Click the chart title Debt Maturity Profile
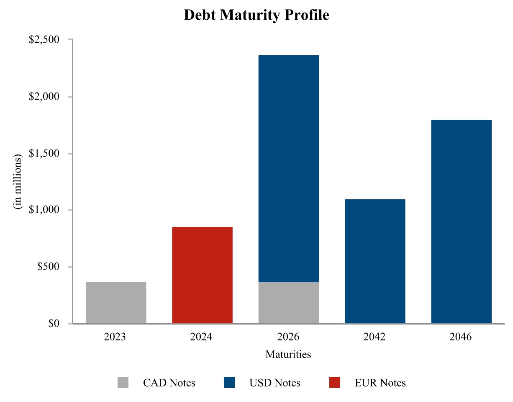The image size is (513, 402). [256, 15]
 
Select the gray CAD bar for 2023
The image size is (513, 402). [116, 303]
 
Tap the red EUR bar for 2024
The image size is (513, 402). [202, 275]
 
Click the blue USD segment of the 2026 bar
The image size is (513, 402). [289, 169]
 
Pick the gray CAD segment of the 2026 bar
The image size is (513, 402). [289, 303]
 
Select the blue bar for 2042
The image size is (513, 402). [375, 261]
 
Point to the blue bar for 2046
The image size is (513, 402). [461, 222]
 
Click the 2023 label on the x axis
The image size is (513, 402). [116, 337]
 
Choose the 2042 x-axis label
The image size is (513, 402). [375, 337]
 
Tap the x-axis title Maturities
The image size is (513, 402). [288, 355]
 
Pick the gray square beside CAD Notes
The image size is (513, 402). [123, 382]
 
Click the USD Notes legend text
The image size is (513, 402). [275, 383]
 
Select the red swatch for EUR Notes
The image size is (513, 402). [334, 382]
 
